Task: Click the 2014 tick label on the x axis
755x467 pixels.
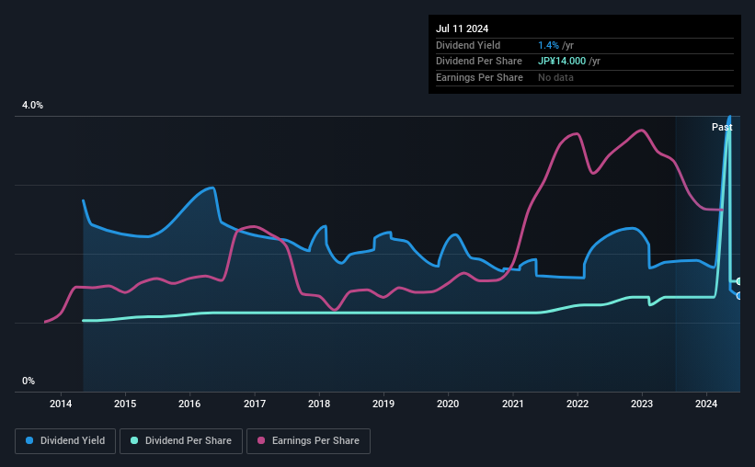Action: (x=61, y=404)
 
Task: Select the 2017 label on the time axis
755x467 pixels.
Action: (x=254, y=404)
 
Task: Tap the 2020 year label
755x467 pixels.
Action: (x=448, y=404)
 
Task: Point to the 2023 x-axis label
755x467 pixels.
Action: (x=641, y=404)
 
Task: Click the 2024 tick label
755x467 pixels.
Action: (x=706, y=404)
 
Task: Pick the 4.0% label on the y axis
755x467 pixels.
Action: (x=32, y=105)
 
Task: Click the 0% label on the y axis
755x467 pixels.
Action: (x=29, y=381)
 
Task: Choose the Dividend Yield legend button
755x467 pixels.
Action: (x=65, y=441)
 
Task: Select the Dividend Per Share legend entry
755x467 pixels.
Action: (x=181, y=441)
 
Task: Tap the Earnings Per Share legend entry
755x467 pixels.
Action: (x=308, y=441)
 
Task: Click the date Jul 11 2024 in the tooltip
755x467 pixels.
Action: (x=462, y=28)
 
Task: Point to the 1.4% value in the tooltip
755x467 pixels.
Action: (x=548, y=45)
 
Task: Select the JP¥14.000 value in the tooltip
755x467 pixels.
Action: (x=562, y=62)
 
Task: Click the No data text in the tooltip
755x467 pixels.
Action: (x=555, y=77)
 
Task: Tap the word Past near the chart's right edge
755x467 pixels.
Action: (x=722, y=127)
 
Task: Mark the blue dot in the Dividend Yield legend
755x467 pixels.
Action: (x=29, y=440)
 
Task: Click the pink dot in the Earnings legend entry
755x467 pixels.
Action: (x=261, y=440)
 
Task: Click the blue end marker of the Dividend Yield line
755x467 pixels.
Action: (x=739, y=296)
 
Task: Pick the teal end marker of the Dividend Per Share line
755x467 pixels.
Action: (x=739, y=281)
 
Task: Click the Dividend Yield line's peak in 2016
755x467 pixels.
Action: (x=212, y=188)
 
